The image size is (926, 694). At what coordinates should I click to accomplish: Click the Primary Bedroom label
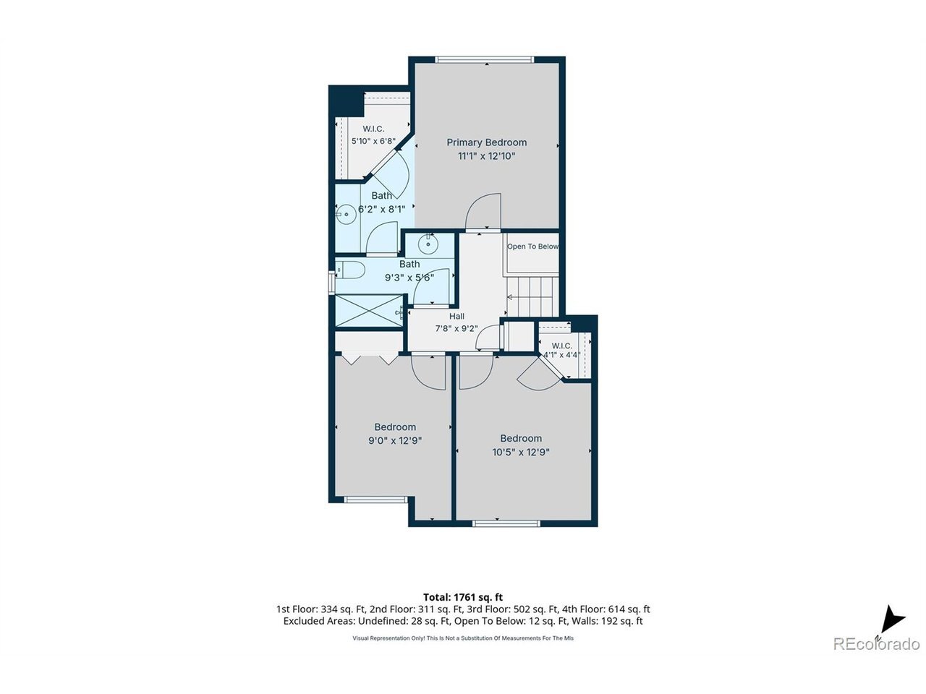coord(486,142)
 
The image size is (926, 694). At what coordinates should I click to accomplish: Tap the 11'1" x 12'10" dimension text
coord(486,156)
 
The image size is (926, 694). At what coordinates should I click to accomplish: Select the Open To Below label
coord(532,247)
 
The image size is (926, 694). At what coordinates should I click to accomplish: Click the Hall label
coord(456,316)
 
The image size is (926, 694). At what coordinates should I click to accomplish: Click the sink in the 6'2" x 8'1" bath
coord(347,215)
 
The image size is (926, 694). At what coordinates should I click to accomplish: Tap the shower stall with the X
coord(369,311)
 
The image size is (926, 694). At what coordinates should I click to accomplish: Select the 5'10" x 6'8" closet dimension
coord(373,141)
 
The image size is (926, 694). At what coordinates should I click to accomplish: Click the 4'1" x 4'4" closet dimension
coord(561,355)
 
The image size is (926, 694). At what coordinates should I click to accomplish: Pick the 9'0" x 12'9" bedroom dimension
coord(395,441)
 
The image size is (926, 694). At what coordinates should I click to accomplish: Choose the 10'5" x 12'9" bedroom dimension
coord(521,452)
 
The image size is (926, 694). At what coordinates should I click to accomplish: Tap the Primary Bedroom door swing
coord(483,210)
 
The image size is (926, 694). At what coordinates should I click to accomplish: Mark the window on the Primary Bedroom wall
coord(485,60)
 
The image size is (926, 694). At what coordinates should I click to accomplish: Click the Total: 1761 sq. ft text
coord(463,597)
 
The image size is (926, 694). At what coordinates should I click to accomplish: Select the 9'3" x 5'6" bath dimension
coord(409,278)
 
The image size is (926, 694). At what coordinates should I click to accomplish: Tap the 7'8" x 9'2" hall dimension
coord(456,328)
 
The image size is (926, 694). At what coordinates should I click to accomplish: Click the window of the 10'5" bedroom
coord(506,523)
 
